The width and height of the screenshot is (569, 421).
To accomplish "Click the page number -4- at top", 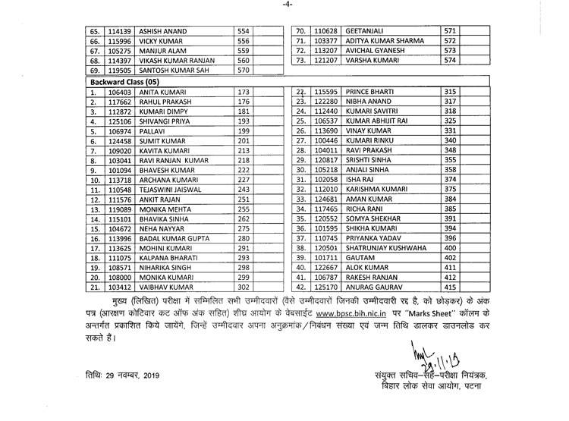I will pyautogui.click(x=284, y=7).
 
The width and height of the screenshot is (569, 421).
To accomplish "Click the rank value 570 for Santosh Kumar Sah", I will pyautogui.click(x=243, y=71).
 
